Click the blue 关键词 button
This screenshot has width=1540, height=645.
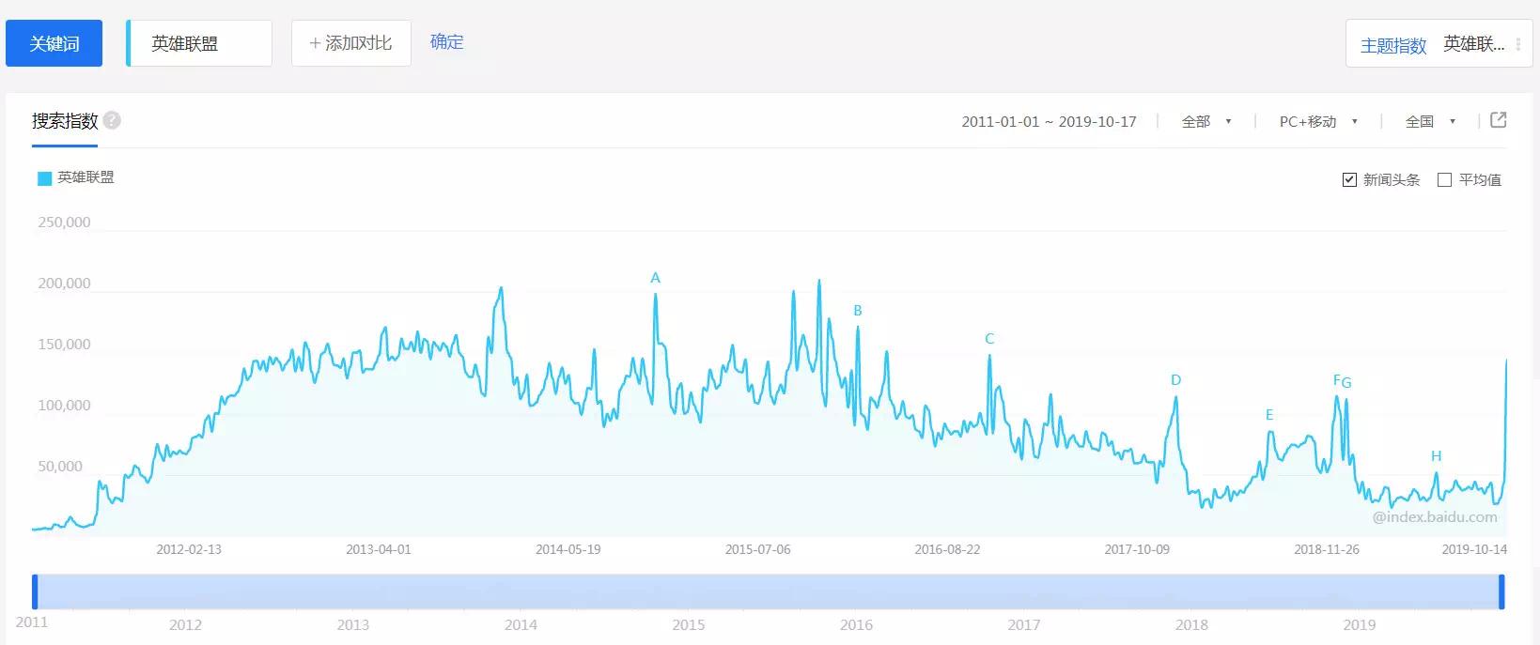[54, 44]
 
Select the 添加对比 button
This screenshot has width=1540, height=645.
[350, 43]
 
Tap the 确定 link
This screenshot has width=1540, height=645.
[446, 42]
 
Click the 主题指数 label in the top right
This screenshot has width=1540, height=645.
[1392, 45]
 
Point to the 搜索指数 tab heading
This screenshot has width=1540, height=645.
[65, 121]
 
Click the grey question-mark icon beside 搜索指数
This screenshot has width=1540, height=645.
[112, 121]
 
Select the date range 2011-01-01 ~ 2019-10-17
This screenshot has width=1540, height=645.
[1049, 122]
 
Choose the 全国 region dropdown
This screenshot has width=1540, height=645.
[1429, 122]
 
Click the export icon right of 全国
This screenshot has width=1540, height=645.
[1499, 120]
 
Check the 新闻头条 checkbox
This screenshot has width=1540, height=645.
[1350, 180]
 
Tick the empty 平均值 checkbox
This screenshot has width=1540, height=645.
[1445, 180]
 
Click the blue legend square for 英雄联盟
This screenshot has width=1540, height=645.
[44, 178]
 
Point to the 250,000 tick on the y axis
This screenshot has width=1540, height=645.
[64, 223]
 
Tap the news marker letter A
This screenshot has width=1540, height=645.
[656, 278]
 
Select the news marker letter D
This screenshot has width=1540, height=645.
[1175, 380]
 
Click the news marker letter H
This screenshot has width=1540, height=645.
[1436, 456]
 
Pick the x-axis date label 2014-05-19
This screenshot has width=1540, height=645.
[568, 549]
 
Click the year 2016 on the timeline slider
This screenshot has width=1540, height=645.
[856, 625]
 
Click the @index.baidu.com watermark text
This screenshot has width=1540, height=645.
[1434, 517]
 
